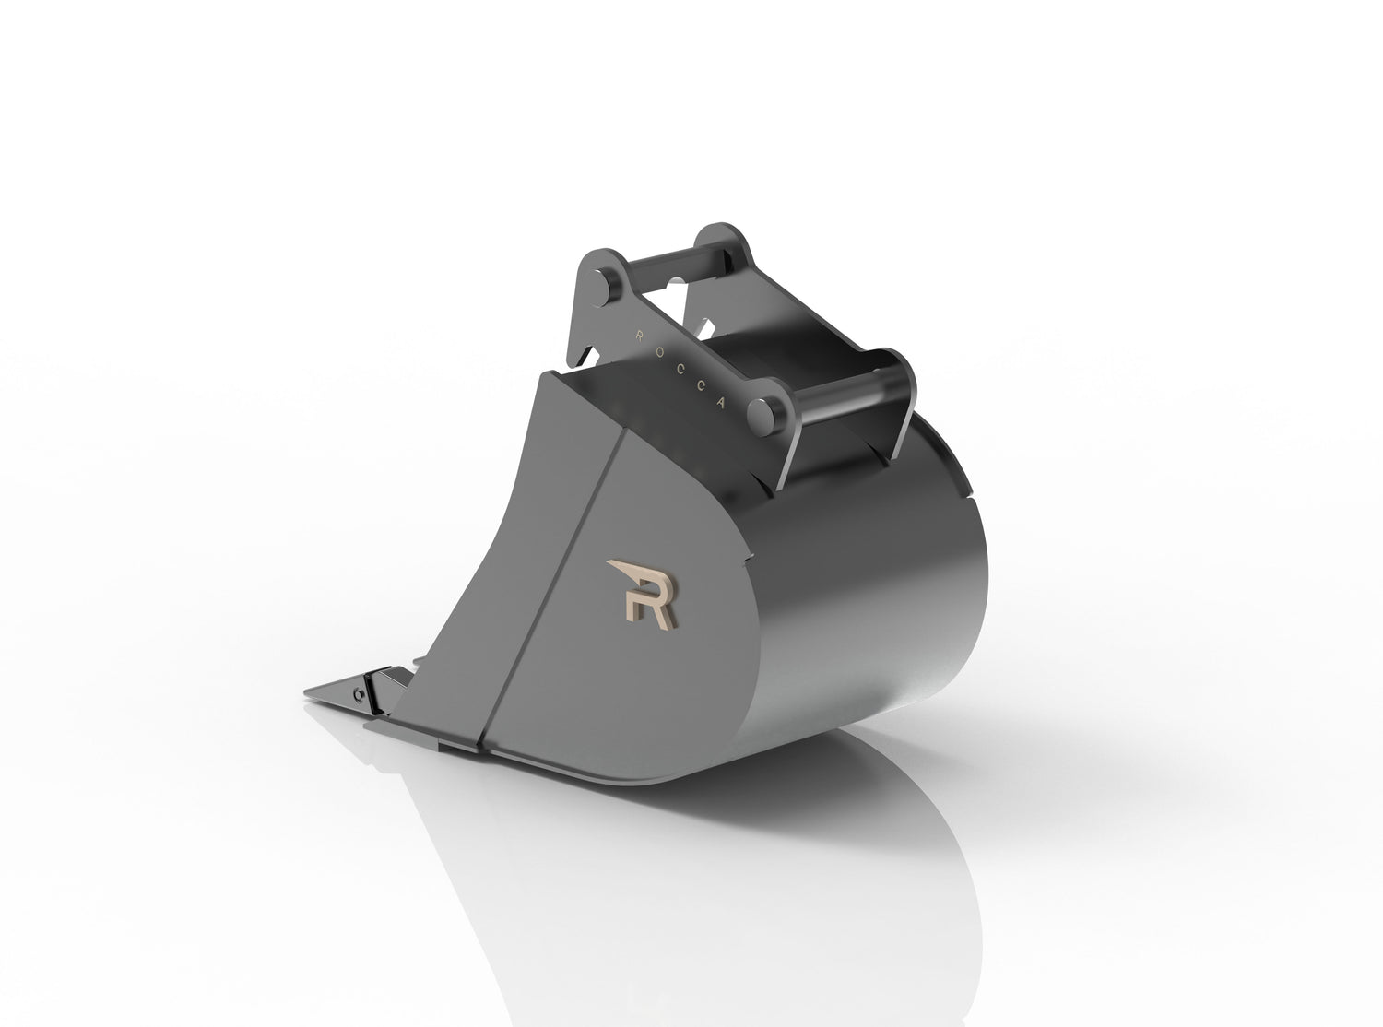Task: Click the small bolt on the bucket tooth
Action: (357, 691)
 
